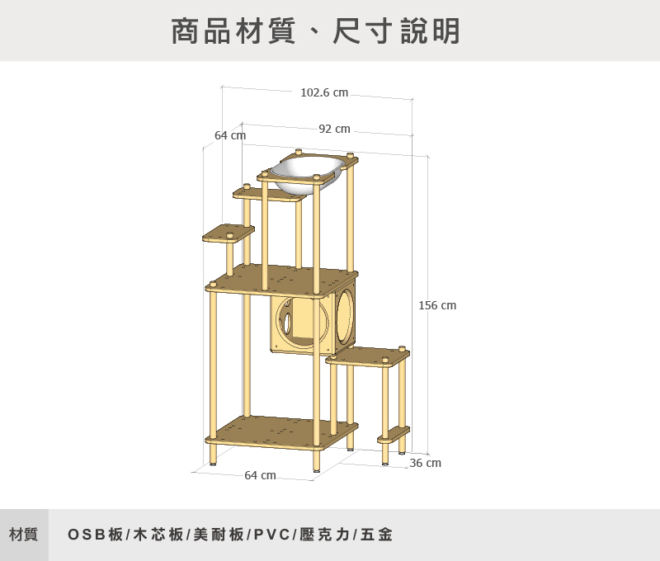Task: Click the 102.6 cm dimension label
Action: pos(324,93)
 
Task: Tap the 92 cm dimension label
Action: pos(334,129)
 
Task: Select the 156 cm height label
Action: pos(437,306)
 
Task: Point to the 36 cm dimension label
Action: pos(426,464)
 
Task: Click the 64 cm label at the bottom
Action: pos(260,475)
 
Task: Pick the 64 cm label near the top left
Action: pos(230,135)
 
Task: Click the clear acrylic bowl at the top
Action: pos(308,174)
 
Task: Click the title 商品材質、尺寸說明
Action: pos(316,31)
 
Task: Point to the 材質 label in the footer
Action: pos(24,535)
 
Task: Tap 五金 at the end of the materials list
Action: pos(376,535)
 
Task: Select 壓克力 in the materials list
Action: pos(325,535)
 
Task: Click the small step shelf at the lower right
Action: pos(394,433)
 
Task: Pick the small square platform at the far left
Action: pos(229,233)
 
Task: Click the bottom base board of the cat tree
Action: pos(280,431)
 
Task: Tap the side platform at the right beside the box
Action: pos(368,356)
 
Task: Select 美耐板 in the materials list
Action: pos(218,535)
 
